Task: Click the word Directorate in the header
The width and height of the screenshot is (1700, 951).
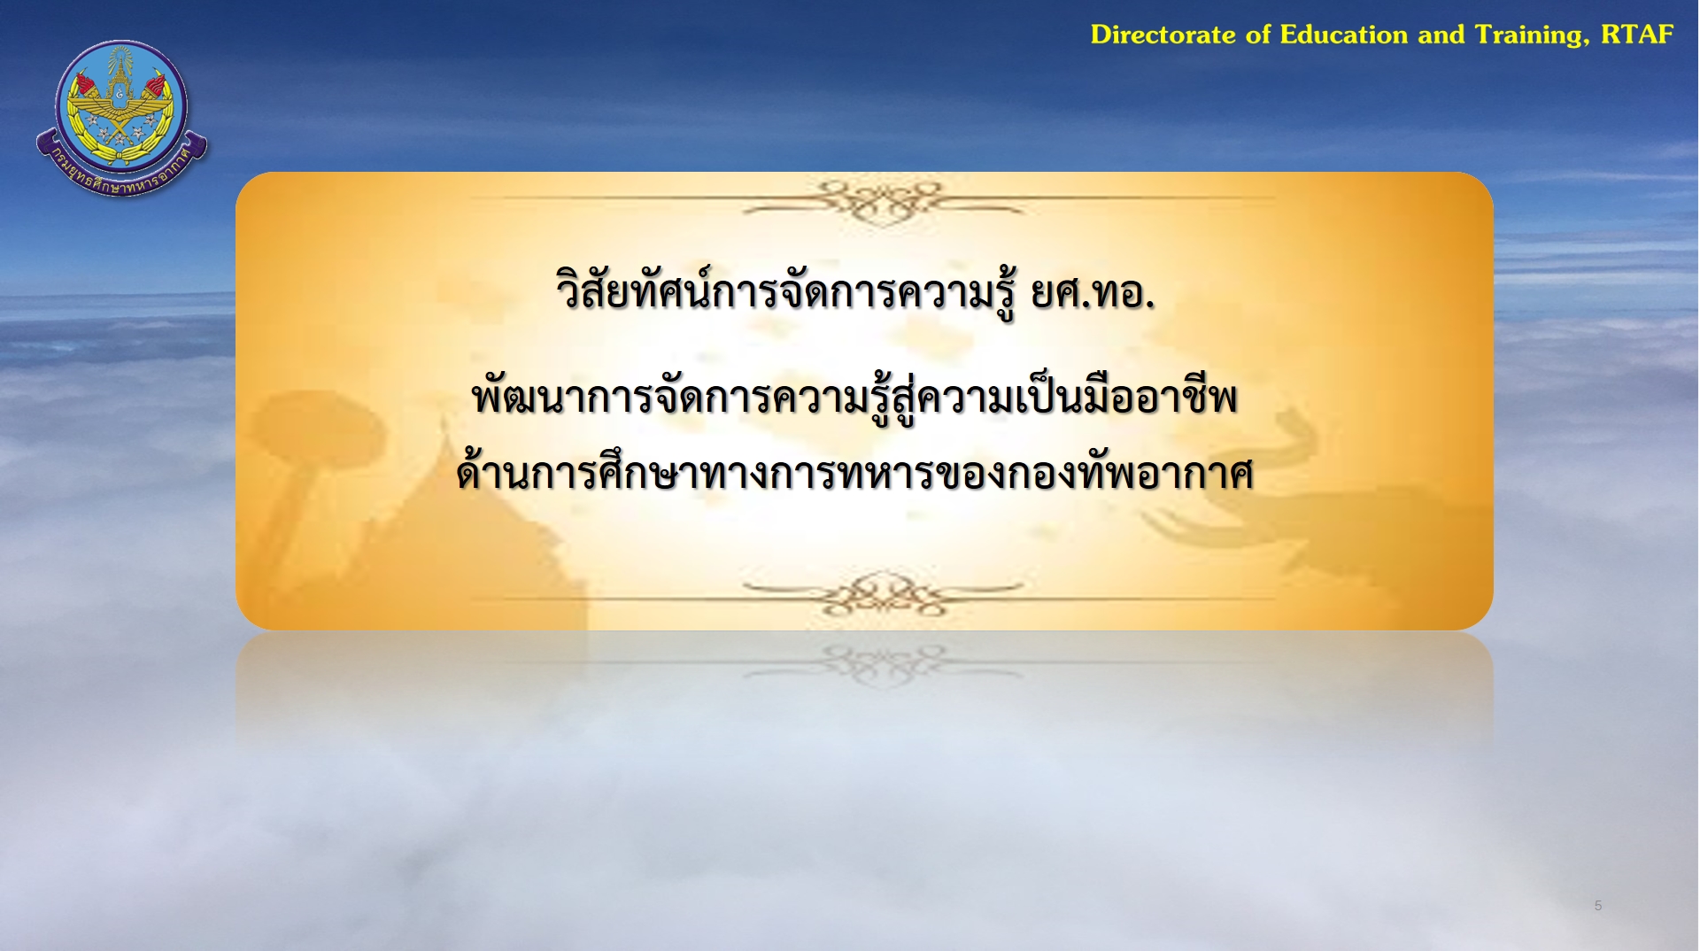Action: [1163, 35]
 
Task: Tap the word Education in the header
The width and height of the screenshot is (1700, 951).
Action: [1344, 35]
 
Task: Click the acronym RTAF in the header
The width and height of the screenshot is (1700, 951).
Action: [1637, 35]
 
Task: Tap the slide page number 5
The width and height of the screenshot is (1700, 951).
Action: [1598, 905]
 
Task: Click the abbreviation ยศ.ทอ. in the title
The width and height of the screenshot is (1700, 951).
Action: [1093, 293]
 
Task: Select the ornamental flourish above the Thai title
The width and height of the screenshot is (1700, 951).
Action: [882, 203]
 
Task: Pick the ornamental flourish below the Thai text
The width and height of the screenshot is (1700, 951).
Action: [882, 594]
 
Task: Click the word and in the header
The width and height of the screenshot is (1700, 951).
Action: [1441, 35]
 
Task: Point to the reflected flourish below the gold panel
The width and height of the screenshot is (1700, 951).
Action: [882, 664]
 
